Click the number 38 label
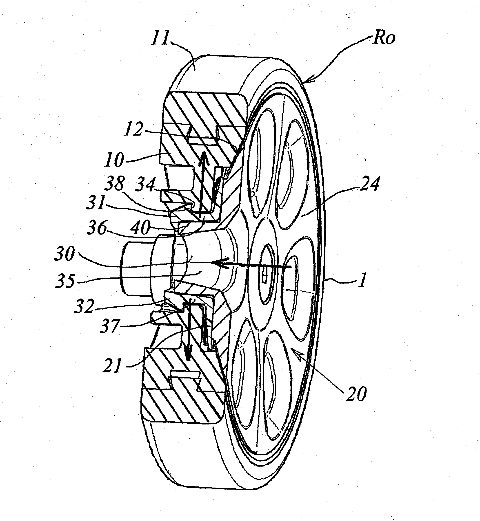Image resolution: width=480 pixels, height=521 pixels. click(115, 184)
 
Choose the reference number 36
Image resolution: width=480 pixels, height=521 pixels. click(97, 228)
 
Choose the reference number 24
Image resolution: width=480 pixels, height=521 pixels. click(369, 183)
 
